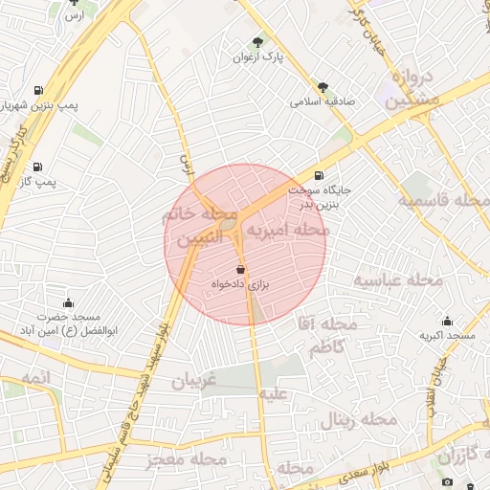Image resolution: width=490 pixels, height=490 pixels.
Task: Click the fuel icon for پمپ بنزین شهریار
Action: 37,91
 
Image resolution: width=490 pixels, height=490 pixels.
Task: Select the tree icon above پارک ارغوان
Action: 256,42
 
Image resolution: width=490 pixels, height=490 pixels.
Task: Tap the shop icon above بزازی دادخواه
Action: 240,270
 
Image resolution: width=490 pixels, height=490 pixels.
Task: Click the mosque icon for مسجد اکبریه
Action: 447,321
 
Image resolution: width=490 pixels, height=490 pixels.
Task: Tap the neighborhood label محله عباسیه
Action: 398,280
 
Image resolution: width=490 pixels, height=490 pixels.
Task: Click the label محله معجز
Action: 188,459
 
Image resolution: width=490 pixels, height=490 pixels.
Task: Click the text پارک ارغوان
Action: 258,57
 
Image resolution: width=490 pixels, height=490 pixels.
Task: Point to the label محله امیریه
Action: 288,231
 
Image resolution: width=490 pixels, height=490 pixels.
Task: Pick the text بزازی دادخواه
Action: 241,285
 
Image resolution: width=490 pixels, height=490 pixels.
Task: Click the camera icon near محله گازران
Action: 447,481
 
